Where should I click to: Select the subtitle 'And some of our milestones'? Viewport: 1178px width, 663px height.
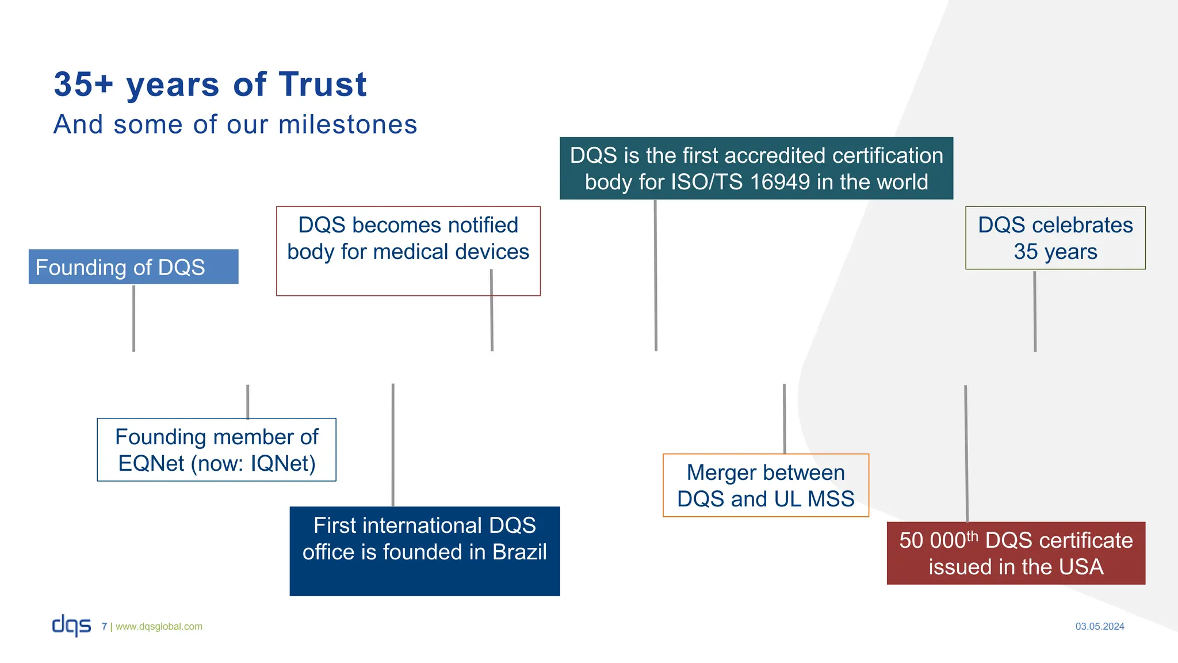point(235,124)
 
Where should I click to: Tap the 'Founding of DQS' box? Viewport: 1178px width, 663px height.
point(133,267)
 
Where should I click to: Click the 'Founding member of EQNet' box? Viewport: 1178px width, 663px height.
point(216,450)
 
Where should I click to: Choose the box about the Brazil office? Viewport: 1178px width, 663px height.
point(424,551)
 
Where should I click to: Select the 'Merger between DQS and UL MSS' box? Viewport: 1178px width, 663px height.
point(766,486)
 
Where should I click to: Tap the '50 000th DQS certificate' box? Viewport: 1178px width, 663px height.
point(1016,553)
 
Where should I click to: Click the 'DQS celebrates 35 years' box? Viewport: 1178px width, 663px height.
point(1055,238)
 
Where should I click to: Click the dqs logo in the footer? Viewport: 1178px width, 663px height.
point(71,625)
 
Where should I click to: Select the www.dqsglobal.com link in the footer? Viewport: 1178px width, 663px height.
point(159,627)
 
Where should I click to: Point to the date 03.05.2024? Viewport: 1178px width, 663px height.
point(1099,627)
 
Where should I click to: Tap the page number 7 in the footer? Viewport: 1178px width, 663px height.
point(104,627)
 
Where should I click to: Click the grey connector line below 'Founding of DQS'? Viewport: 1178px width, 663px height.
point(133,318)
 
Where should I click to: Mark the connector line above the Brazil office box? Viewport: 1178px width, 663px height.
point(393,445)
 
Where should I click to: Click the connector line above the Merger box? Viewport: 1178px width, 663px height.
point(784,418)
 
